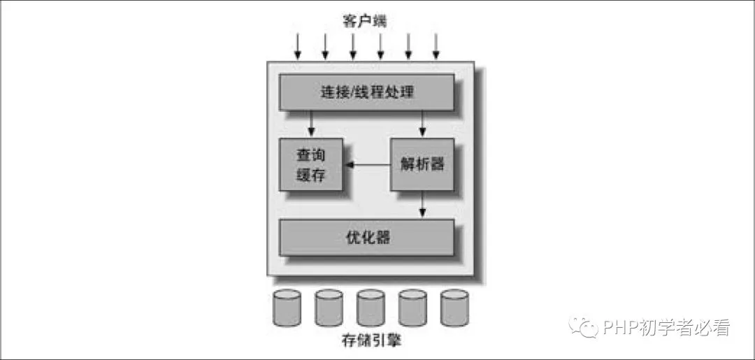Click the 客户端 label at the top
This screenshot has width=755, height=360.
[365, 21]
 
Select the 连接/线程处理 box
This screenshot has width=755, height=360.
[366, 92]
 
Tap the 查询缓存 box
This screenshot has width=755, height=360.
[311, 164]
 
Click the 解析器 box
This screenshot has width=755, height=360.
[422, 164]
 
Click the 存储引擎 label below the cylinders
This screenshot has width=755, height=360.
[371, 342]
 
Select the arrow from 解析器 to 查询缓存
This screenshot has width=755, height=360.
[368, 165]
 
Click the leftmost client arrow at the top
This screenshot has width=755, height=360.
[298, 45]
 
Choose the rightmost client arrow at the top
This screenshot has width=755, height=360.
[436, 45]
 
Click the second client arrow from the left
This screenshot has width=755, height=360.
[325, 45]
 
